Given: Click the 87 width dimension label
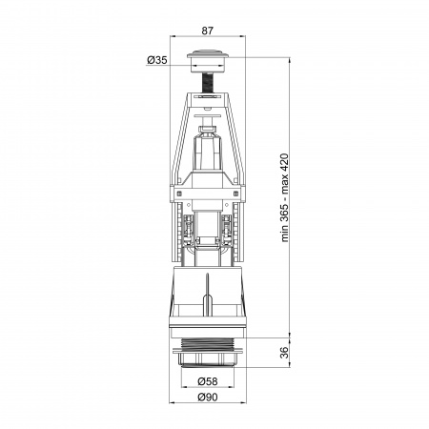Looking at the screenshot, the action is (208, 31).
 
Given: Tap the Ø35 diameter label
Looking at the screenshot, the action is (157, 60).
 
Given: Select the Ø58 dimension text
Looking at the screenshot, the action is (208, 381).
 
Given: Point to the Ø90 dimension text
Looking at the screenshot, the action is (208, 397).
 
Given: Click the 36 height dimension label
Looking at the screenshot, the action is (285, 352).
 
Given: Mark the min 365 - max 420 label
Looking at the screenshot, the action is (285, 197).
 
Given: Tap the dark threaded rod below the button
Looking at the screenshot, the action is (208, 83).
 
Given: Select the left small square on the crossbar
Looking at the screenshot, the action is (179, 194).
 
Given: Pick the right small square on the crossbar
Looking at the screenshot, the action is (235, 194).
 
